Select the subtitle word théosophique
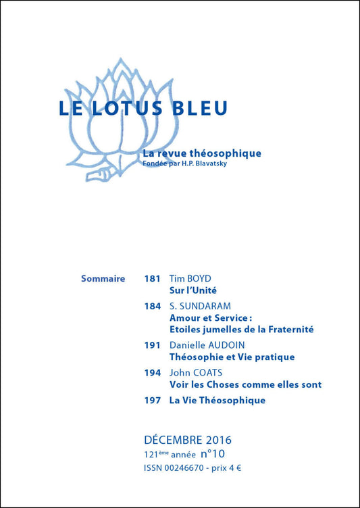228,153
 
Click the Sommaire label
103,278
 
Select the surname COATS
209,373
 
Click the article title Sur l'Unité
192,290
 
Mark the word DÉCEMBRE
172,440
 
